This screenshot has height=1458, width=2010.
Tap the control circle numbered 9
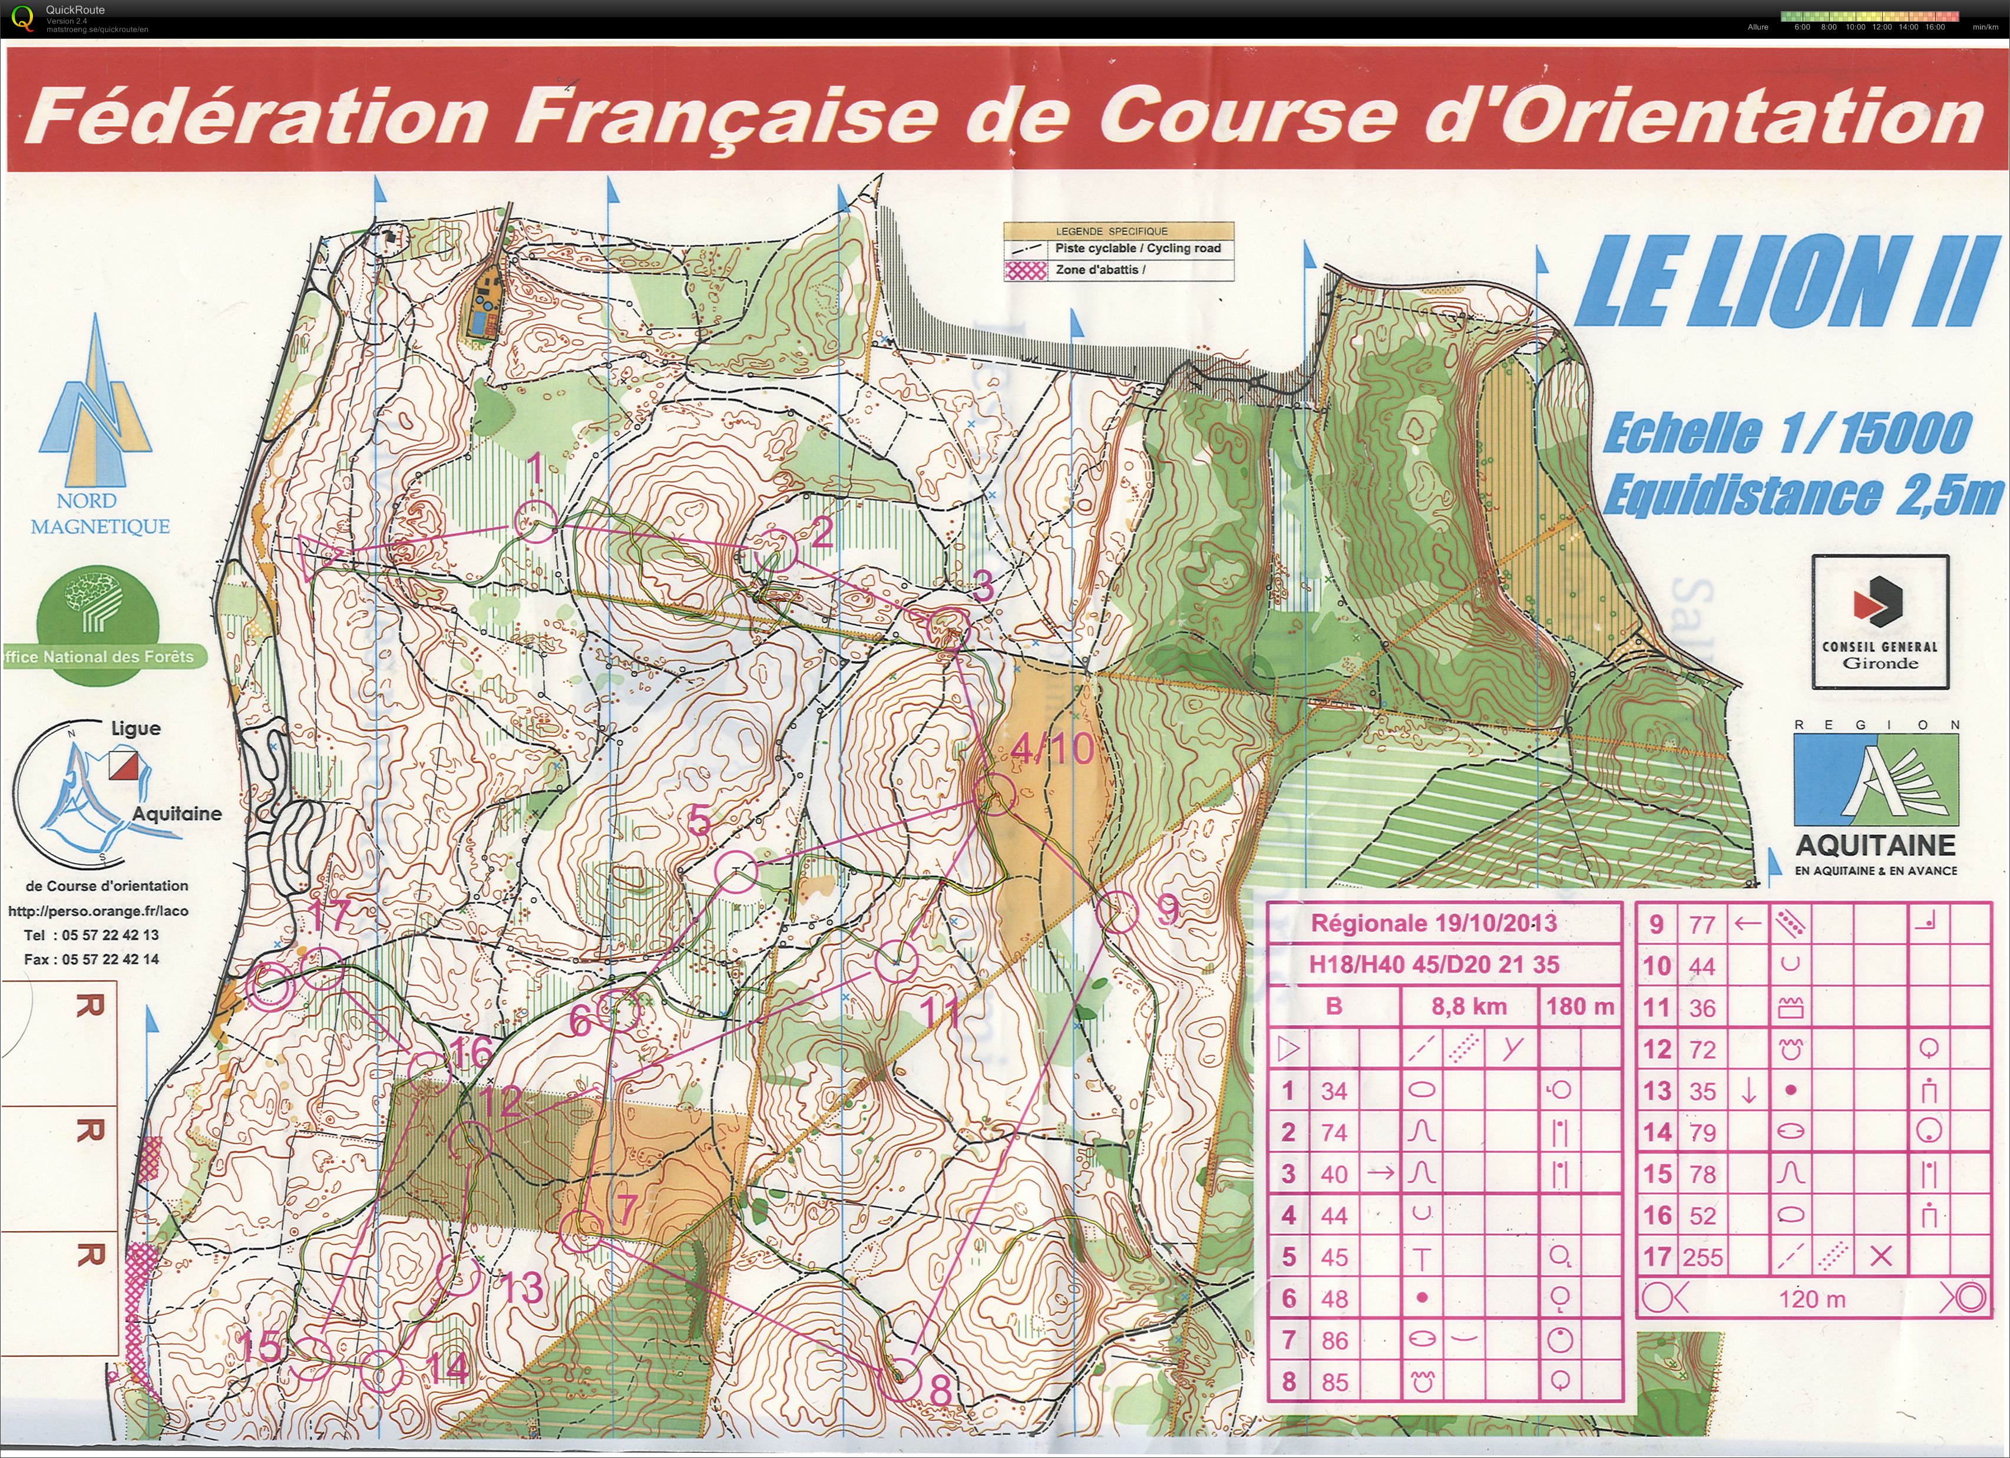click(x=1117, y=911)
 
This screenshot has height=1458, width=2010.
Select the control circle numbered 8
click(x=904, y=1379)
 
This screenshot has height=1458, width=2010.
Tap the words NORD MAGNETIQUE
click(x=99, y=514)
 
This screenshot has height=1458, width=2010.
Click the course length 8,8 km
click(x=1469, y=1007)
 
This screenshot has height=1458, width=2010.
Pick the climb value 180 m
click(x=1580, y=1007)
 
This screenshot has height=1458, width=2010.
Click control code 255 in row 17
click(x=1702, y=1257)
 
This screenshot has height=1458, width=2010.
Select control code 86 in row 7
click(x=1335, y=1340)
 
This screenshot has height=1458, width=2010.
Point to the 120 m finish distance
click(x=1811, y=1300)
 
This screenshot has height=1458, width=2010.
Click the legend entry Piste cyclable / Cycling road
click(x=1137, y=249)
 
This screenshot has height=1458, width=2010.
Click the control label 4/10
click(x=1052, y=750)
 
